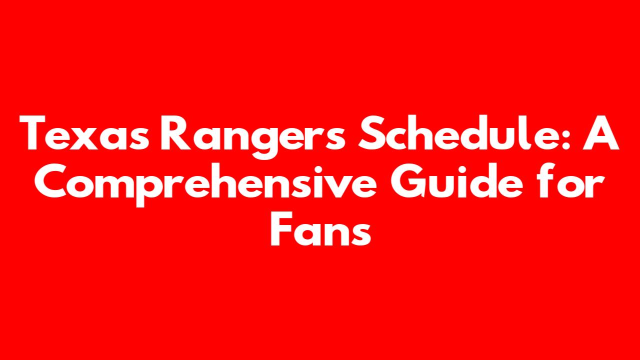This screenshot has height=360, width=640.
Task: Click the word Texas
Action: pos(84,132)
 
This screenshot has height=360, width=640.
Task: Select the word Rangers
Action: pos(253,137)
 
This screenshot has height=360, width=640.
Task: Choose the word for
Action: pos(571,180)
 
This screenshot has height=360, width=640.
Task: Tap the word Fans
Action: pos(320,228)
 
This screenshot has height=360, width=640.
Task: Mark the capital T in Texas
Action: pos(32,132)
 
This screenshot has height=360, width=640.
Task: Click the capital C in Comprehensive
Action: pos(50,180)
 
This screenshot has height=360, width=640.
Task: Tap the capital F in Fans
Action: pos(281,228)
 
